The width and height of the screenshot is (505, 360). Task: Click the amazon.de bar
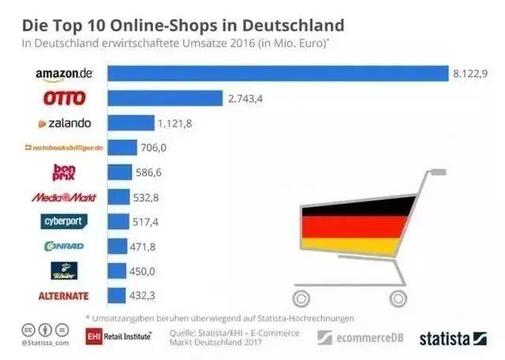tap(277, 73)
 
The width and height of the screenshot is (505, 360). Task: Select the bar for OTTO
tap(164, 98)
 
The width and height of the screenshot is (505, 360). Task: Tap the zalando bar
tap(130, 122)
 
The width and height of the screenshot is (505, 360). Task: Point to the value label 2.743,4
tap(246, 98)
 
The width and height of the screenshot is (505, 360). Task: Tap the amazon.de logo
tap(64, 73)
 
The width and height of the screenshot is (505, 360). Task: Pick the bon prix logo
tap(63, 172)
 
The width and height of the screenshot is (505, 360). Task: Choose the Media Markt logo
tap(63, 197)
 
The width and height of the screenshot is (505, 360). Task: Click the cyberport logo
tap(64, 222)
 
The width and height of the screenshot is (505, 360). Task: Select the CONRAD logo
tap(64, 246)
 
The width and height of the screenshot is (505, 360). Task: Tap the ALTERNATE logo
tap(64, 296)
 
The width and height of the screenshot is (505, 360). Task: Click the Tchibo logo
tap(64, 271)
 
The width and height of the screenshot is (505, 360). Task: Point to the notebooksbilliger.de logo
tap(64, 148)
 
